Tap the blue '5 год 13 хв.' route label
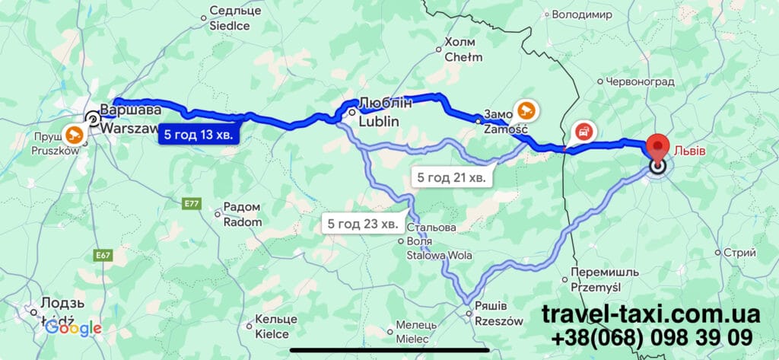click(200, 135)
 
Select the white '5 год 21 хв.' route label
click(451, 177)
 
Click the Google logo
click(73, 328)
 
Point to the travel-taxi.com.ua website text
click(650, 314)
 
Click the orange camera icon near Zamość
click(525, 110)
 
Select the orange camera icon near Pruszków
click(75, 135)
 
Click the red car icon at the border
click(582, 131)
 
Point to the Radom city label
click(242, 215)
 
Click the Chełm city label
click(463, 49)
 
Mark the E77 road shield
click(190, 203)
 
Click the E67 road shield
click(103, 255)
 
